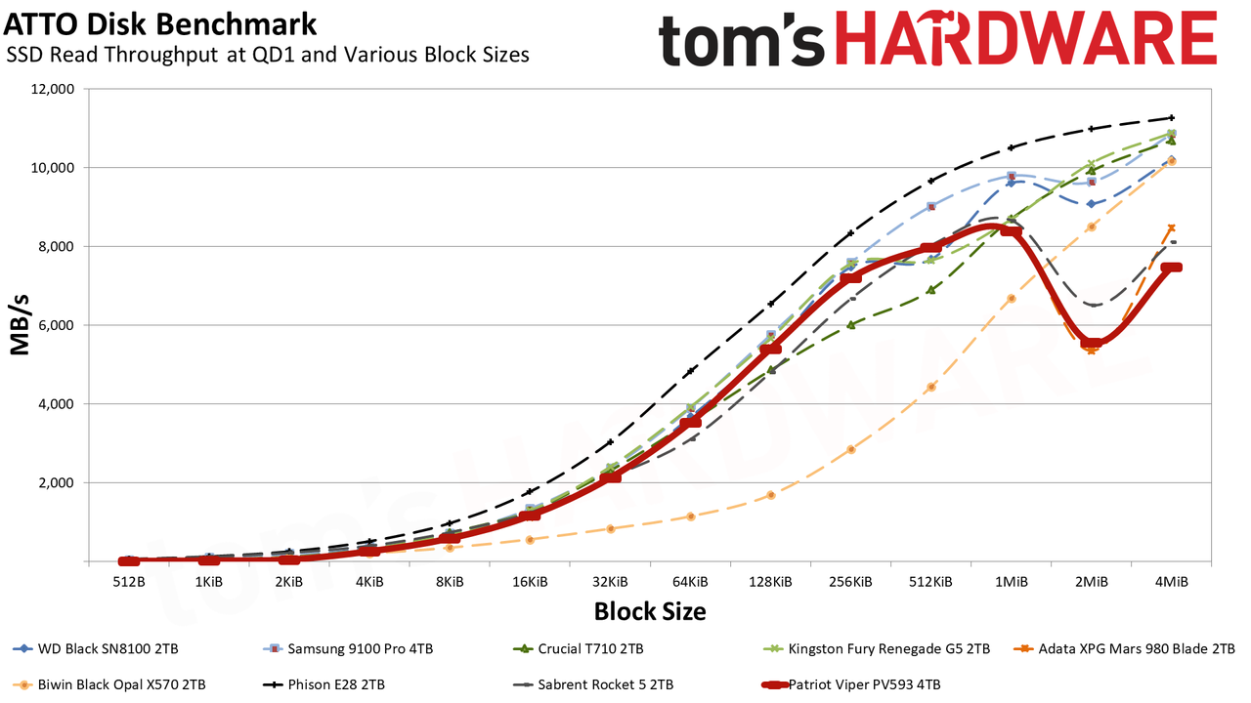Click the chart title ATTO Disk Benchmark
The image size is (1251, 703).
(x=160, y=24)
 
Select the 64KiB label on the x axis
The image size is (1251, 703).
(x=690, y=582)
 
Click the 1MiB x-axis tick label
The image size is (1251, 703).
(x=1011, y=582)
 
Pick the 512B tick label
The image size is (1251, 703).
(x=128, y=582)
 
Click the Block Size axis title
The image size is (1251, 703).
(x=650, y=611)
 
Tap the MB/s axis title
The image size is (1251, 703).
(x=20, y=325)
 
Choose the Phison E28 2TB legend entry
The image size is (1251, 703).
(x=324, y=684)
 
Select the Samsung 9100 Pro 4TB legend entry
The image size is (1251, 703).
(x=348, y=649)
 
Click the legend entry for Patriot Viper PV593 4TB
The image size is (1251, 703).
(x=851, y=684)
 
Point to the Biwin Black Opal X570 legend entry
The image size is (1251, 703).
(x=109, y=684)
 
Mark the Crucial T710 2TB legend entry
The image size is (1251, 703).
(x=578, y=649)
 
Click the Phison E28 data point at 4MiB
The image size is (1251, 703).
(x=1171, y=118)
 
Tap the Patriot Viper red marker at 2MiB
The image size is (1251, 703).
(x=1092, y=343)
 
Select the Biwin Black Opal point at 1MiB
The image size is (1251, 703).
(x=1011, y=299)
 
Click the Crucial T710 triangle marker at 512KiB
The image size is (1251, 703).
(x=931, y=290)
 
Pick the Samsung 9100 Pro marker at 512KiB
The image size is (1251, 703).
(x=931, y=206)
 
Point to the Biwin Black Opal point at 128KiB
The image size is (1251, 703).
(x=771, y=495)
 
